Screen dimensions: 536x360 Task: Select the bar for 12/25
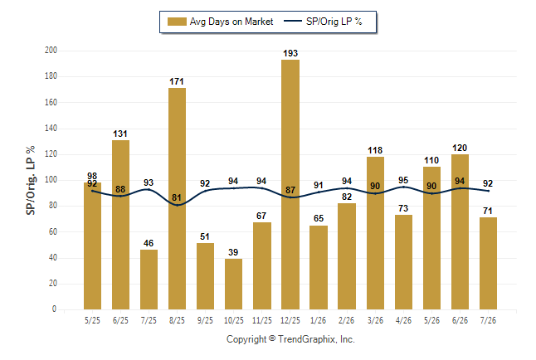tap(290, 185)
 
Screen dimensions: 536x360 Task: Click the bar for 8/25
tap(177, 198)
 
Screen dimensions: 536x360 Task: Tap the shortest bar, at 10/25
tap(233, 285)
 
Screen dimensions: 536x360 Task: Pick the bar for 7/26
tap(488, 263)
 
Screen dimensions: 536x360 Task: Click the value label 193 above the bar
tap(290, 53)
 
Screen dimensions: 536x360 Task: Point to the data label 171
tap(177, 81)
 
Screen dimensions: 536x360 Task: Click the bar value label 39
tap(233, 252)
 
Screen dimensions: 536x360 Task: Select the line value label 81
tap(177, 197)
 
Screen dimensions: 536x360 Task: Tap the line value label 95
tap(403, 180)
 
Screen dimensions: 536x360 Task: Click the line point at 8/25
tap(177, 205)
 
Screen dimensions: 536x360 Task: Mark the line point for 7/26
tap(488, 191)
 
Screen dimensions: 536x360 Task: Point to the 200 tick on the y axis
tap(51, 51)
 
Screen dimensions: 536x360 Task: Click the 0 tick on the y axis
tap(55, 309)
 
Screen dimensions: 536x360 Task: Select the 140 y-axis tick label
tap(51, 129)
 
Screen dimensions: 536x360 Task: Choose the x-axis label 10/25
tap(234, 320)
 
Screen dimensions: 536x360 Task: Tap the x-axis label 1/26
tap(319, 320)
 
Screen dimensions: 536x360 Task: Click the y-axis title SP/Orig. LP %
tap(31, 180)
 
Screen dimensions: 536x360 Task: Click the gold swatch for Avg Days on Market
tap(177, 22)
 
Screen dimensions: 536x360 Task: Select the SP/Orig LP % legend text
tap(334, 22)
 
